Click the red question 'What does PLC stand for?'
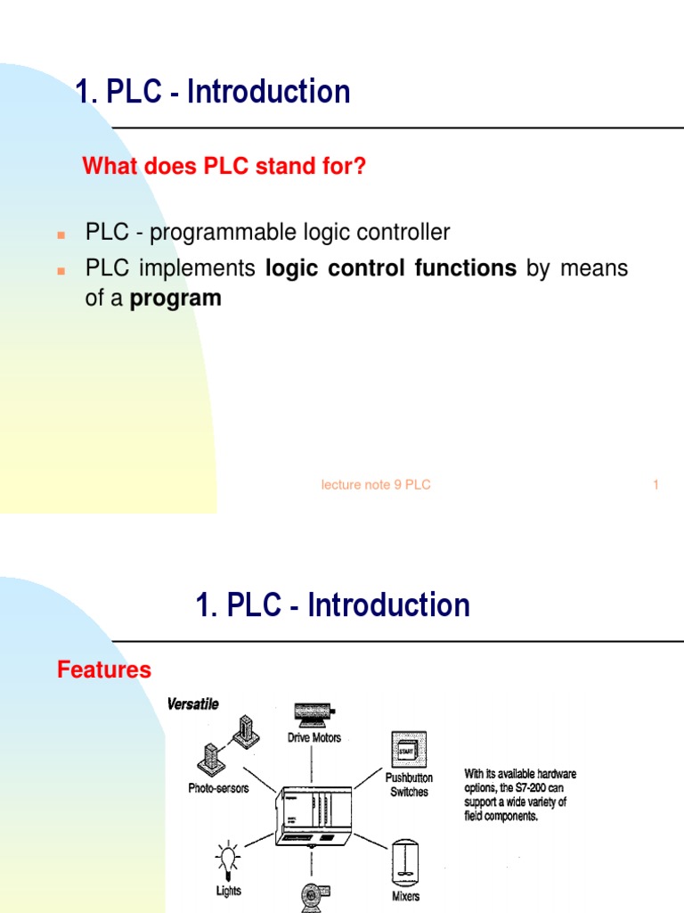pyautogui.click(x=224, y=167)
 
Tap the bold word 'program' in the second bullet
pyautogui.click(x=175, y=299)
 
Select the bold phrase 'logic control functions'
pyautogui.click(x=391, y=268)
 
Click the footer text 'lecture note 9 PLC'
pyautogui.click(x=376, y=485)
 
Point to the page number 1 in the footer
pyautogui.click(x=655, y=485)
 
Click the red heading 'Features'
pyautogui.click(x=104, y=670)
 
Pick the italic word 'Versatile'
pyautogui.click(x=192, y=704)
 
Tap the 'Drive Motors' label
pyautogui.click(x=313, y=737)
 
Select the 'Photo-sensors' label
pyautogui.click(x=218, y=788)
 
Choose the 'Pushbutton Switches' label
pyautogui.click(x=409, y=785)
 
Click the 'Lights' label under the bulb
pyautogui.click(x=228, y=891)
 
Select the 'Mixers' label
pyautogui.click(x=405, y=896)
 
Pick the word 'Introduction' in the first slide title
pyautogui.click(x=267, y=92)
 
